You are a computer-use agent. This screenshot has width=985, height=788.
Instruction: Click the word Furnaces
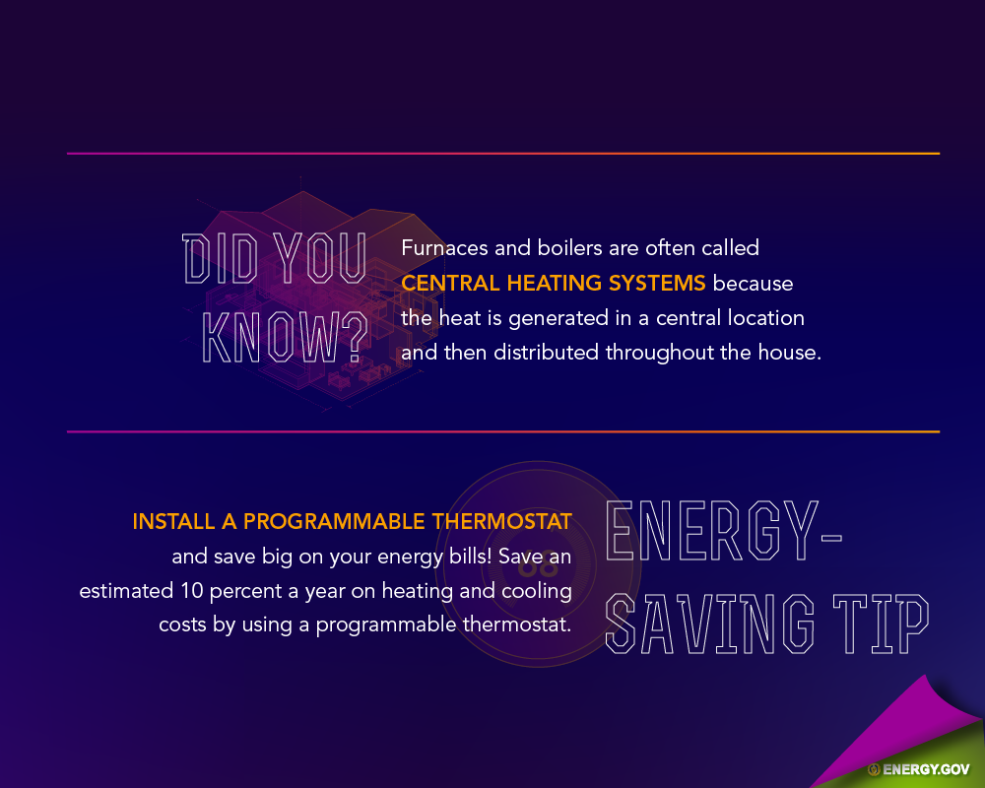coord(444,247)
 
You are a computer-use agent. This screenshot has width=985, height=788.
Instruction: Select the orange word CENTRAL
coord(450,283)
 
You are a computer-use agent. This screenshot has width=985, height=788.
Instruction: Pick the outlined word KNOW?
coord(286,338)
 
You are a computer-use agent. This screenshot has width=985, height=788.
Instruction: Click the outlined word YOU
coord(320,258)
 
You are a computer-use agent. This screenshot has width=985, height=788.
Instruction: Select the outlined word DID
coord(220,258)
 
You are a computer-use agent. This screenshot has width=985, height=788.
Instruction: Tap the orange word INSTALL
coord(173,522)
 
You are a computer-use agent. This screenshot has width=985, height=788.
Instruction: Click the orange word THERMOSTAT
coord(502,522)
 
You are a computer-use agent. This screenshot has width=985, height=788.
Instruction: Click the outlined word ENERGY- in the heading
coord(724,530)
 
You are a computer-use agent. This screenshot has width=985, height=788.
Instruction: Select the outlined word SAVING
coord(710,624)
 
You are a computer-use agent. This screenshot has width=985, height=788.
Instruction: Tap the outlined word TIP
coord(881,624)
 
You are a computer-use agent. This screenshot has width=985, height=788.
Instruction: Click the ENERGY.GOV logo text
coord(926,769)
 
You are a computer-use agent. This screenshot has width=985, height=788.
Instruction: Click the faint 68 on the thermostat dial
coord(539,566)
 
